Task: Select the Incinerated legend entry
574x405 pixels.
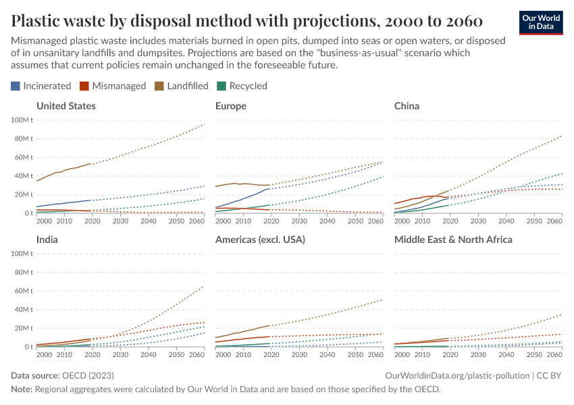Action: click(41, 86)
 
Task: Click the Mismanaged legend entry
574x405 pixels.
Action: click(113, 86)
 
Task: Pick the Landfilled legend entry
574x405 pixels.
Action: click(182, 86)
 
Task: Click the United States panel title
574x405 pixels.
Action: click(66, 106)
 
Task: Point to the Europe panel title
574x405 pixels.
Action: click(230, 106)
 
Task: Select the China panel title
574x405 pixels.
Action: click(407, 106)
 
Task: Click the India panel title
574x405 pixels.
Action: click(47, 240)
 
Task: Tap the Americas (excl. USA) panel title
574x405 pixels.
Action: click(260, 240)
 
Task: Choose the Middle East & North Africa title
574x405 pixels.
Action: click(453, 240)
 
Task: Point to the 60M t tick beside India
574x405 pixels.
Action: click(24, 291)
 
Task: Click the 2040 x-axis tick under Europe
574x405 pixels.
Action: click(327, 221)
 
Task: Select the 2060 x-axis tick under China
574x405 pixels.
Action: click(554, 221)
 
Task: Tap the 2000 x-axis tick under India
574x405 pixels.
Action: click(45, 355)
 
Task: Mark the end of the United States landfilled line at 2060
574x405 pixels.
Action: click(205, 124)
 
